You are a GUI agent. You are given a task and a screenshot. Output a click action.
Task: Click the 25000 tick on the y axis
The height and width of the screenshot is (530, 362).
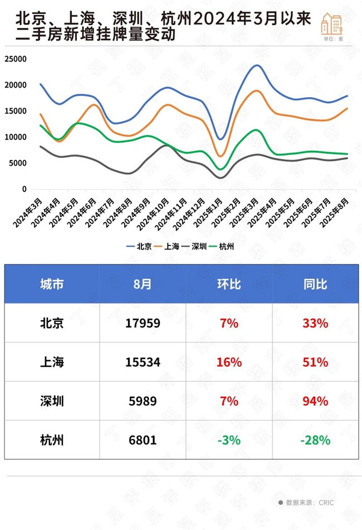[17, 59]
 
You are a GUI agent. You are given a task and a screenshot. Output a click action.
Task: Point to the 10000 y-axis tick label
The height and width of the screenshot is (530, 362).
[17, 137]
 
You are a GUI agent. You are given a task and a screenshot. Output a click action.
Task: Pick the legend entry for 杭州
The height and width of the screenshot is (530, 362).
[221, 246]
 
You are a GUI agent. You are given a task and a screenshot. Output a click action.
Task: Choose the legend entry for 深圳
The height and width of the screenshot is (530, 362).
[194, 246]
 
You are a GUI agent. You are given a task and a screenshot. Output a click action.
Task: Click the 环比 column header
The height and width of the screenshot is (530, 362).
[228, 283]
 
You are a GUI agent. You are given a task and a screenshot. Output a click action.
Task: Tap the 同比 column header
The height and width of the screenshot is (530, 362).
[315, 283]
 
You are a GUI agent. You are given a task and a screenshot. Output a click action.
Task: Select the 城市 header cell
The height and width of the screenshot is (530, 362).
[52, 283]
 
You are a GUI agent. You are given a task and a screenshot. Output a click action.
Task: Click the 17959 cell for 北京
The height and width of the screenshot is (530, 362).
[143, 323]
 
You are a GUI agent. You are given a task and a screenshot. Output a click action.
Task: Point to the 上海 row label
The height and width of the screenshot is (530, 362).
[52, 362]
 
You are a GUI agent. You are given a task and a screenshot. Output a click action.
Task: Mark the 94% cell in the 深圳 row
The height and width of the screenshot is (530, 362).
[315, 401]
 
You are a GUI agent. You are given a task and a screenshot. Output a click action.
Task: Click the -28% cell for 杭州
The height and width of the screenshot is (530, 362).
[315, 440]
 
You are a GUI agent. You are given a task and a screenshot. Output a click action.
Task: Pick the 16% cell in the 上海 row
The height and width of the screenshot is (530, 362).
[228, 362]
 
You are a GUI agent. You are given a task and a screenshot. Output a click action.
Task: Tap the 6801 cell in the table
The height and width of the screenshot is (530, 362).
[143, 440]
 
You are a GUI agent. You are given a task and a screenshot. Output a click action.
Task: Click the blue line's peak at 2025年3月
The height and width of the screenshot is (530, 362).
[257, 65]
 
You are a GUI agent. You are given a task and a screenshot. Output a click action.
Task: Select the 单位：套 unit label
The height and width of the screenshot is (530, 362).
[332, 39]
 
